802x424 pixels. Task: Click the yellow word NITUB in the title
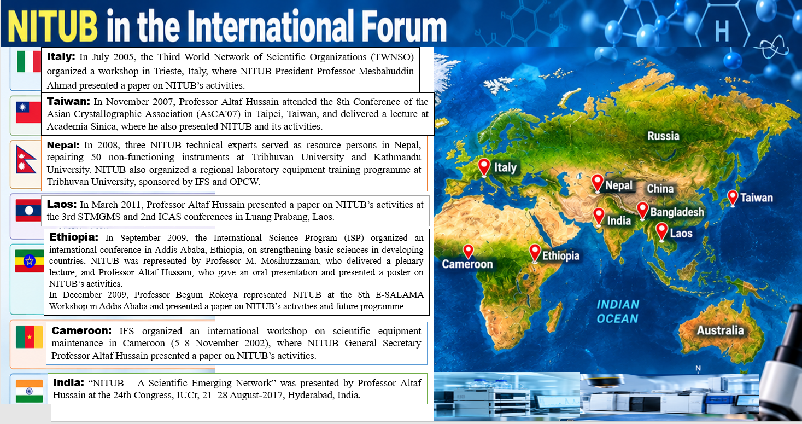point(52,26)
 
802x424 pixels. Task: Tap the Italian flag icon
point(29,61)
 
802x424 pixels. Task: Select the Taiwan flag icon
point(28,113)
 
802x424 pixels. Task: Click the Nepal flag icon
point(26,160)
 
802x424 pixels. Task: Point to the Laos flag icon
point(28,211)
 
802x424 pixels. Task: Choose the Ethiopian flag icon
point(30,262)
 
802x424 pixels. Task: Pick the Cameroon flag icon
point(30,337)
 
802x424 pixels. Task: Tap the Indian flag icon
point(30,391)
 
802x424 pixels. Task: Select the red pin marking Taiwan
point(733,198)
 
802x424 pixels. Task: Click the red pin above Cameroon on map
point(468,252)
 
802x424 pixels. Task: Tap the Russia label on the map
point(663,136)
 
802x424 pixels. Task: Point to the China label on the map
point(660,189)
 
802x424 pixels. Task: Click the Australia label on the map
point(720,330)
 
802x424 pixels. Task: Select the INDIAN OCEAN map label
point(618,311)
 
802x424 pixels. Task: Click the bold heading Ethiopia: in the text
point(73,237)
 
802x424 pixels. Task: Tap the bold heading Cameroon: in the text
point(81,330)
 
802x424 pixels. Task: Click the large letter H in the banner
point(722,31)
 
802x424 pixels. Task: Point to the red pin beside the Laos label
point(661,232)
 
